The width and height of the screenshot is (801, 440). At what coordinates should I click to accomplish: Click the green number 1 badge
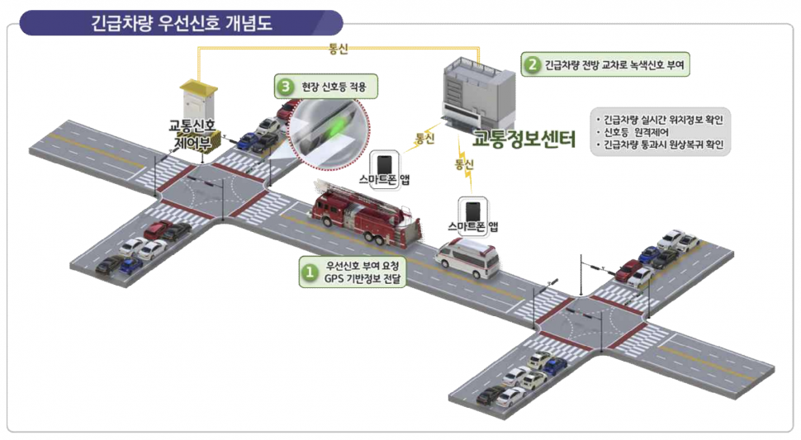[x=308, y=271]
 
